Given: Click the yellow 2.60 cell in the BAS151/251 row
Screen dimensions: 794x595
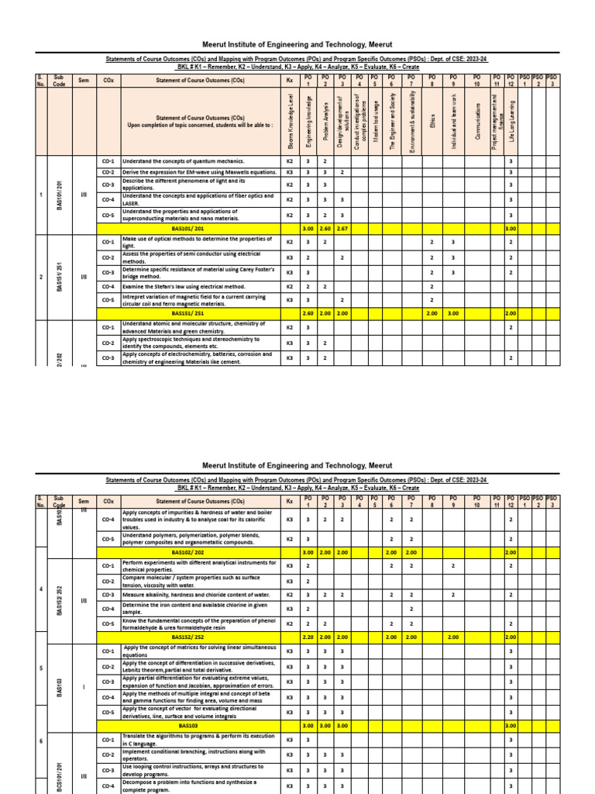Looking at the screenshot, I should [308, 312].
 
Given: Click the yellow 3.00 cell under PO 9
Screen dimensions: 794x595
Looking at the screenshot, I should [453, 312].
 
